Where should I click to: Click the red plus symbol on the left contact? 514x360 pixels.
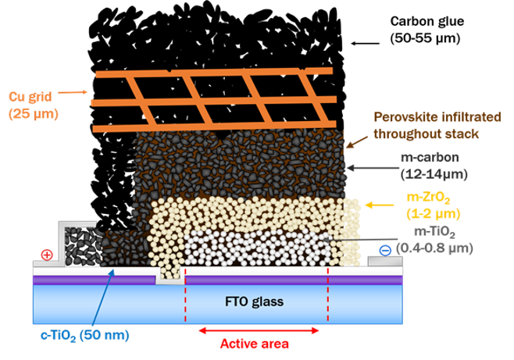46,255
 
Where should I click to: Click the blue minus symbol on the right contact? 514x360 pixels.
384,250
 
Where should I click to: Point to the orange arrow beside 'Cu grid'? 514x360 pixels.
74,92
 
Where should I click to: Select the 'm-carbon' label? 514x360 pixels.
428,157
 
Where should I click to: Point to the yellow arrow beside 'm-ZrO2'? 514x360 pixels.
380,205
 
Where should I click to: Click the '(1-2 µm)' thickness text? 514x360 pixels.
433,213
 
